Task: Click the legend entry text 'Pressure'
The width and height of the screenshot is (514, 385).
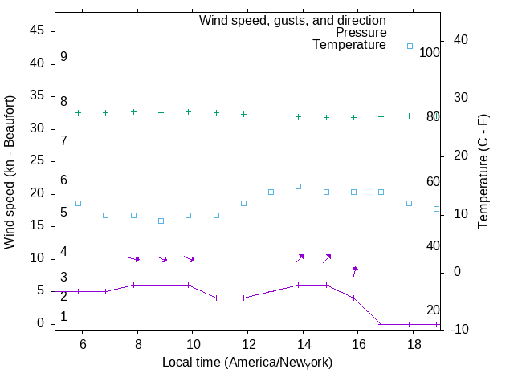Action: tap(361, 33)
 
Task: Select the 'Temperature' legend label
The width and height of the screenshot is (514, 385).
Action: tap(349, 45)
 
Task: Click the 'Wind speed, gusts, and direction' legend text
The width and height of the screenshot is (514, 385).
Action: tap(293, 21)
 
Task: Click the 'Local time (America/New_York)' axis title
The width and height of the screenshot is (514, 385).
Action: tap(247, 363)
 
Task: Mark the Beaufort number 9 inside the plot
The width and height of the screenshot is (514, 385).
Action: tap(63, 57)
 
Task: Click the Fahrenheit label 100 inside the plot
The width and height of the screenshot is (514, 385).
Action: tap(430, 53)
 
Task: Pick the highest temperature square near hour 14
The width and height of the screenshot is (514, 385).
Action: tap(298, 186)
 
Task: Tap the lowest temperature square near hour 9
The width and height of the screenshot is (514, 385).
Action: tap(161, 221)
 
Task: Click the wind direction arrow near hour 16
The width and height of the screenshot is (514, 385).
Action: tap(354, 271)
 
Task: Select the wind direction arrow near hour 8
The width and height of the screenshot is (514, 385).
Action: tap(135, 258)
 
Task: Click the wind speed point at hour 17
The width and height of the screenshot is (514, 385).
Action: tap(381, 324)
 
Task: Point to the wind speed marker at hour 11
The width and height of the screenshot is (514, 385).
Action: tap(216, 298)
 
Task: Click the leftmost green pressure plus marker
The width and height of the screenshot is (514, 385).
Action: tap(78, 113)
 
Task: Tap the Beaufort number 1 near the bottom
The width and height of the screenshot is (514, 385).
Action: tap(63, 317)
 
